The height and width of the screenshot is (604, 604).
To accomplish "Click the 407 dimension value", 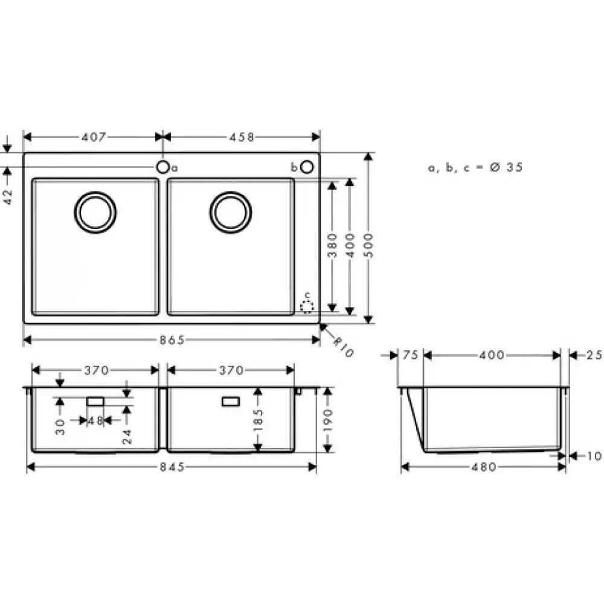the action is [93, 137].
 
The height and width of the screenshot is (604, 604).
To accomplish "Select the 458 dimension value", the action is [242, 137].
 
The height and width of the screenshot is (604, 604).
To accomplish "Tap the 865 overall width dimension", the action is [172, 339].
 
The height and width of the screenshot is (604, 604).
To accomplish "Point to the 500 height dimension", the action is [368, 245].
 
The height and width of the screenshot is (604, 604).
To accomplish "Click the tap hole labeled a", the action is [163, 167].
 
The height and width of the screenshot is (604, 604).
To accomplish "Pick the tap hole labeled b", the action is [307, 167].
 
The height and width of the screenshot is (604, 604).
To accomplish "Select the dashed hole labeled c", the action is [307, 307].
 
